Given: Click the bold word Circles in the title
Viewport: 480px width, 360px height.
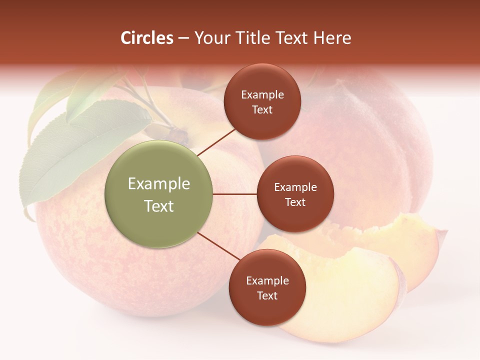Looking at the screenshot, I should [x=146, y=38].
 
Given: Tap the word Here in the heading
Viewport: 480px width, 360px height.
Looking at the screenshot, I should [x=332, y=38].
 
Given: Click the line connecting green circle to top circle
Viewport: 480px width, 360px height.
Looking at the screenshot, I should [x=217, y=141].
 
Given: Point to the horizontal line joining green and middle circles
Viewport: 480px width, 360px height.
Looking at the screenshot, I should [x=235, y=194].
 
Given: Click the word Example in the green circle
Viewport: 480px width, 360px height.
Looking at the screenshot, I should [x=159, y=184].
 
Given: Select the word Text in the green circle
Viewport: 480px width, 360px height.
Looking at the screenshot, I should [x=159, y=206].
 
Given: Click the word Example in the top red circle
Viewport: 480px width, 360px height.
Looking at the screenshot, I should [x=262, y=95].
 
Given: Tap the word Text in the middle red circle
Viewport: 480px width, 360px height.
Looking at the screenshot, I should [x=295, y=202].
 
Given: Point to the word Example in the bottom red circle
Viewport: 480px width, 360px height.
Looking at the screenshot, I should [x=267, y=281].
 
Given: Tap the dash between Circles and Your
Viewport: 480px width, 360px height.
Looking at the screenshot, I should [x=183, y=38].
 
